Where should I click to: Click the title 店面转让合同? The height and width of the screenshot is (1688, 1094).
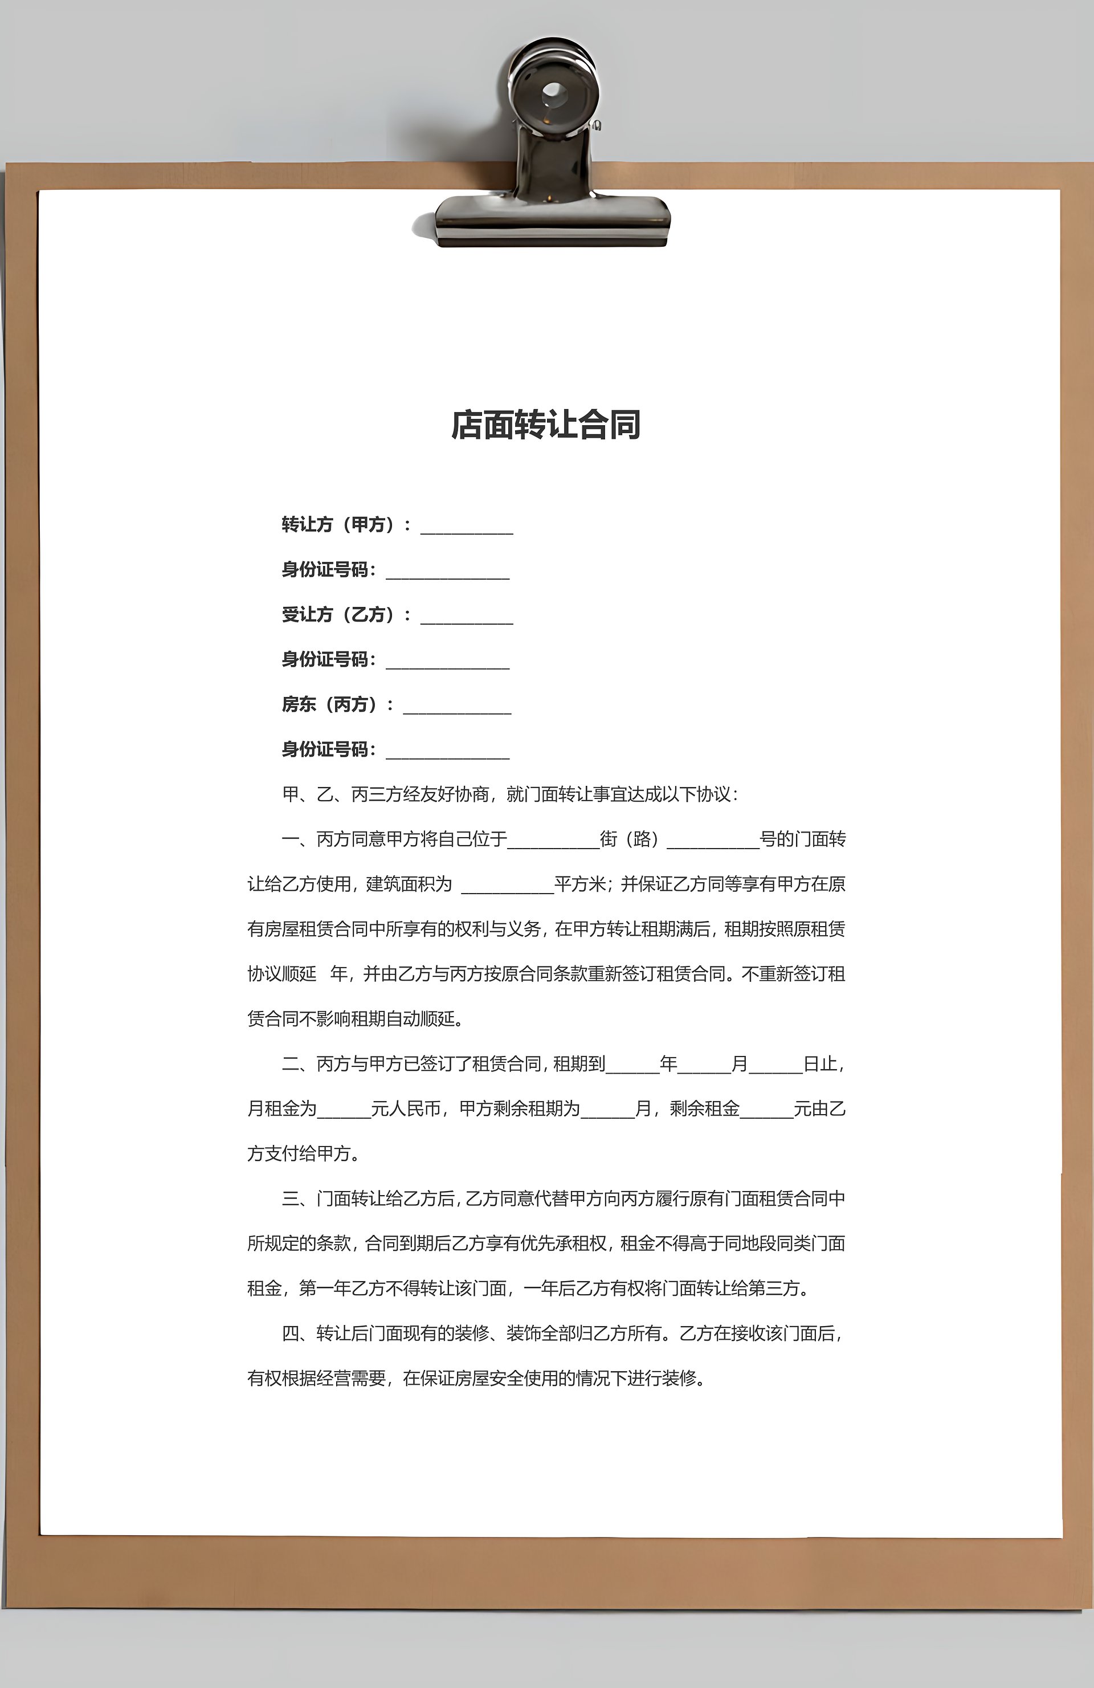click(x=546, y=425)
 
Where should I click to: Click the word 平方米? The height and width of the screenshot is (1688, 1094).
click(x=580, y=884)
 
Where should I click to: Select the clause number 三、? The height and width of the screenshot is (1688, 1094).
click(x=298, y=1198)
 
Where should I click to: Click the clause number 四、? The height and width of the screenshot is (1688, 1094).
click(x=298, y=1334)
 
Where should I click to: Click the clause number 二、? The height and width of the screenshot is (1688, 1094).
click(x=298, y=1064)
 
